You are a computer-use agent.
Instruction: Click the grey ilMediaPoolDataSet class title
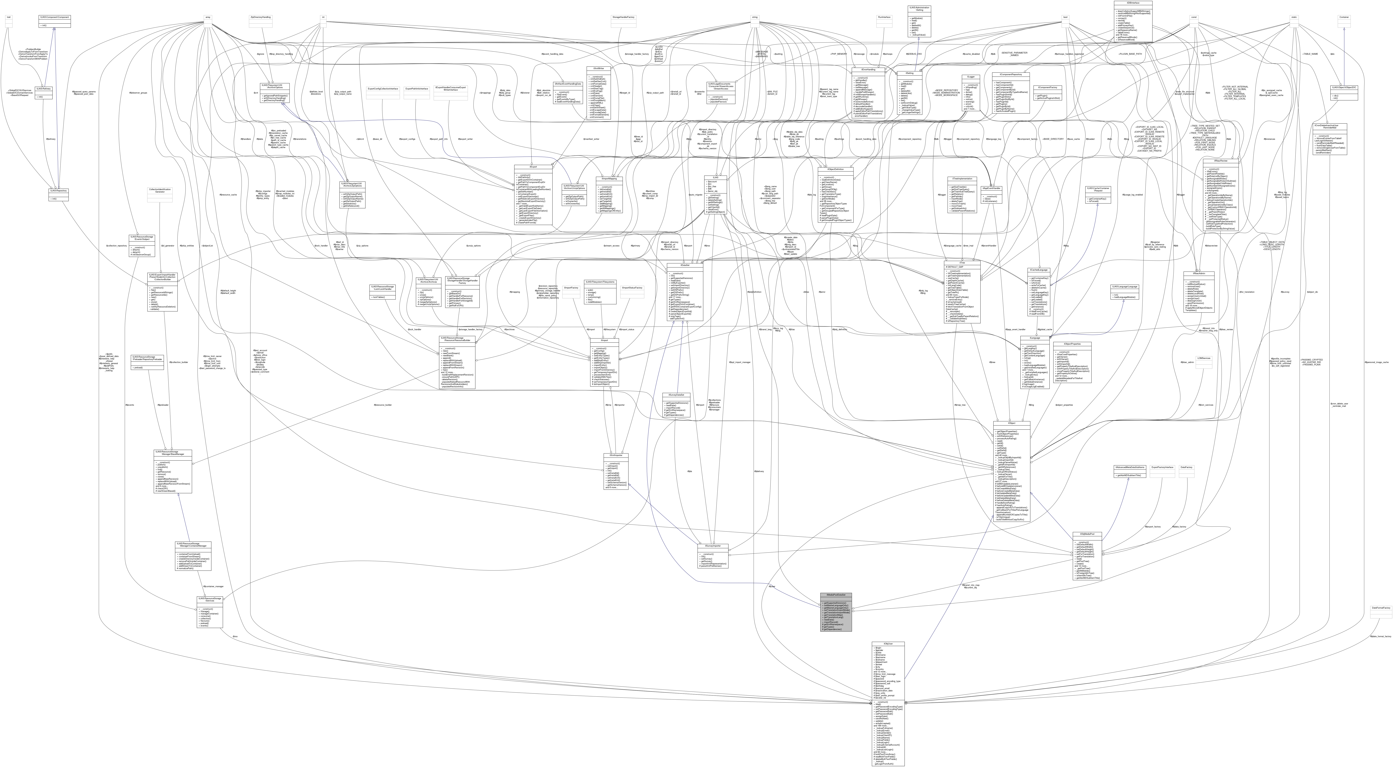[836, 594]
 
